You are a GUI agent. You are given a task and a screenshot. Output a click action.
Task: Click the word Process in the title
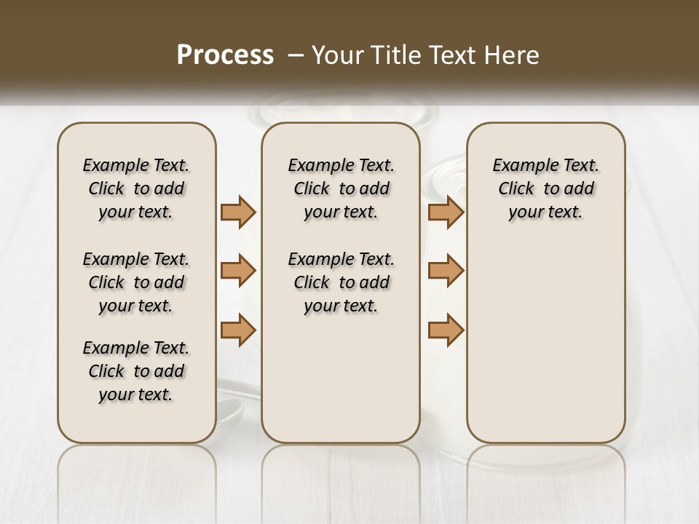click(225, 55)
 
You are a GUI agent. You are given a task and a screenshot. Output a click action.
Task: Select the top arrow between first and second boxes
click(238, 212)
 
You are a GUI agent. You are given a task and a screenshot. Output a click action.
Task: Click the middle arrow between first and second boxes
click(238, 271)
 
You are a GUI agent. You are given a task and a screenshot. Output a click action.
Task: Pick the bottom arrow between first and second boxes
click(238, 329)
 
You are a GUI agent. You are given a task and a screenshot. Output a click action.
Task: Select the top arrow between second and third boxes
click(446, 212)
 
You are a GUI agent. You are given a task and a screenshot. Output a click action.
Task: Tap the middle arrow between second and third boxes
click(446, 271)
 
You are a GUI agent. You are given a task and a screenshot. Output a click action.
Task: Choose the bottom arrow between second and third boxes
click(446, 329)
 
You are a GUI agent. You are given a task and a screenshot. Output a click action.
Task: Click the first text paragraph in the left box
click(136, 188)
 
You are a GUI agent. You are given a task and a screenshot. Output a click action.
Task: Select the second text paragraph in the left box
click(136, 282)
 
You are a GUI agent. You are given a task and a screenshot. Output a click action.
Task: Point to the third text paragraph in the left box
click(136, 371)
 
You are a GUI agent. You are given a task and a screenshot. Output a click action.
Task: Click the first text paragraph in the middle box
click(341, 188)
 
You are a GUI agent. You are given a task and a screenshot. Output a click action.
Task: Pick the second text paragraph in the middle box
click(341, 282)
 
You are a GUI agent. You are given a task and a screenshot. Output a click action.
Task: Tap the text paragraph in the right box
click(546, 188)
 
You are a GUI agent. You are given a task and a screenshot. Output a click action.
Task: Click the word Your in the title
click(336, 55)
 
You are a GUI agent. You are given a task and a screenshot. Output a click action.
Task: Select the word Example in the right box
click(520, 166)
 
